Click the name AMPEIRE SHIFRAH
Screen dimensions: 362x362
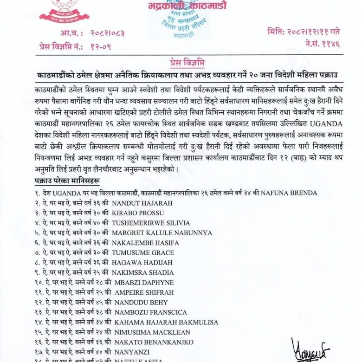(x=142, y=292)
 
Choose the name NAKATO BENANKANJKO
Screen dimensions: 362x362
(x=153, y=342)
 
